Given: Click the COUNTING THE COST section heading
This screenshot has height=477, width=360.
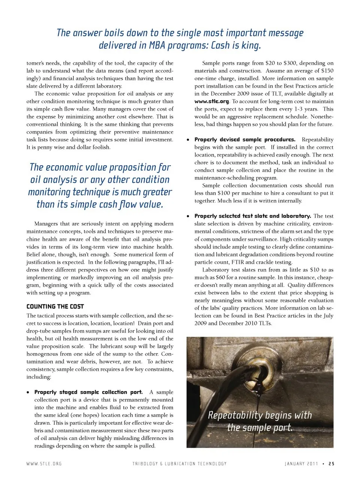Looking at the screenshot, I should tap(55, 307).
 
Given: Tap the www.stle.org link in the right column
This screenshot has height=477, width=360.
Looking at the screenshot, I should tap(211, 101).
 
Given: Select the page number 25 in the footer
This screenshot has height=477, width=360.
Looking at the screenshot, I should tap(331, 464).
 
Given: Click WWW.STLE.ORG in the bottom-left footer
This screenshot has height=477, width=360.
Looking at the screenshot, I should tap(44, 464).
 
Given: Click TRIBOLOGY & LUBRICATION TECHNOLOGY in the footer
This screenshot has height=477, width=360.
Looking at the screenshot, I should tap(179, 464).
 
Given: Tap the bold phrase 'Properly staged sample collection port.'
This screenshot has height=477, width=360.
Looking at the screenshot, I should tap(88, 392).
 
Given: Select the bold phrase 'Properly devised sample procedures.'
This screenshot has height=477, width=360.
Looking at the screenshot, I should tap(245, 140).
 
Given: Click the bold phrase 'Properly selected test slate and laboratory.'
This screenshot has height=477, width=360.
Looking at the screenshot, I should tap(252, 216).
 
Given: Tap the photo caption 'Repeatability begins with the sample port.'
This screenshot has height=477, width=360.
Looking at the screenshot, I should tap(260, 421).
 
